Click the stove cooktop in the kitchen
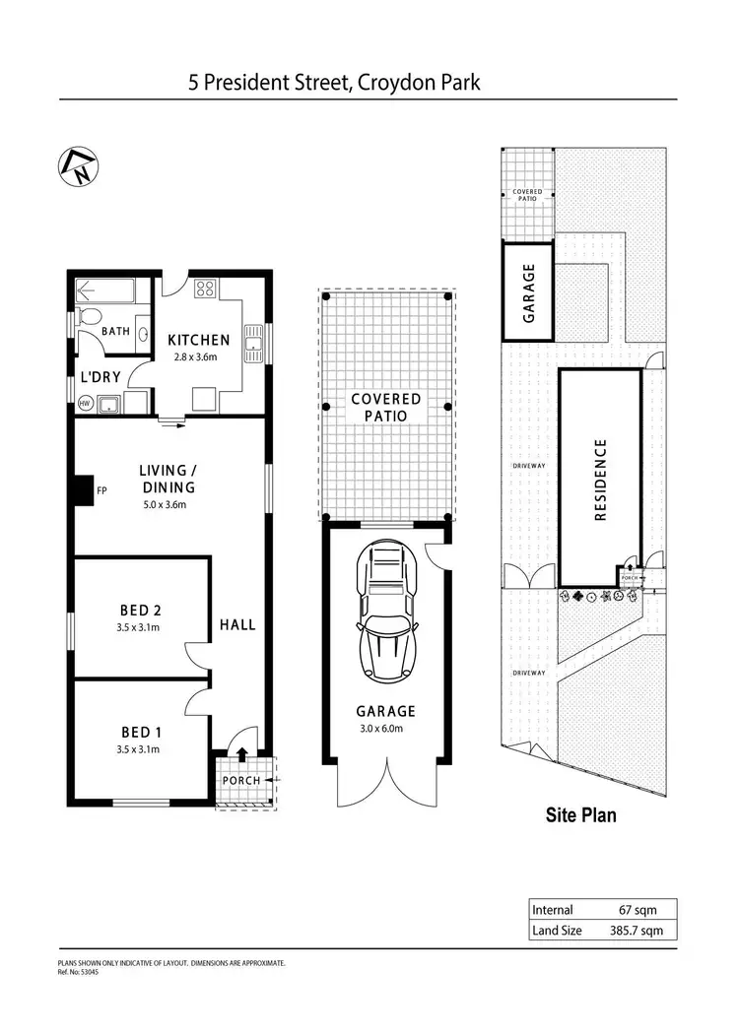click(x=207, y=289)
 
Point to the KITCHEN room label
click(x=198, y=340)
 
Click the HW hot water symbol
click(x=84, y=403)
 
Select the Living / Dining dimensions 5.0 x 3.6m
click(x=161, y=505)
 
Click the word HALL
click(x=237, y=624)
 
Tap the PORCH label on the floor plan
click(x=240, y=780)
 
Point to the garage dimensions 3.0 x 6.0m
click(x=387, y=729)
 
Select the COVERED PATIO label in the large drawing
click(x=386, y=407)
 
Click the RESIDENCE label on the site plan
click(x=600, y=480)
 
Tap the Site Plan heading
click(x=581, y=815)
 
